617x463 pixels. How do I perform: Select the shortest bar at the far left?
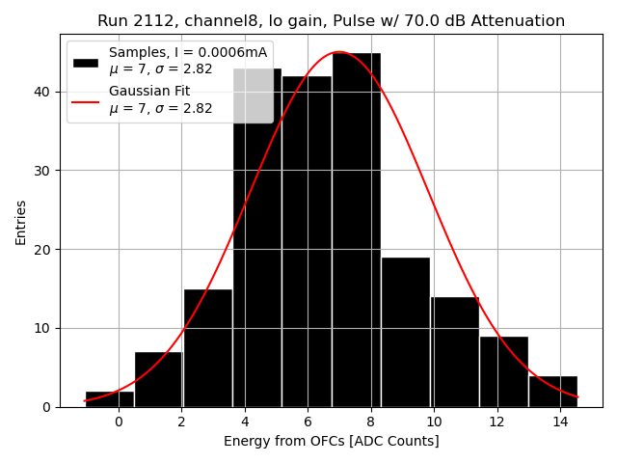pos(109,398)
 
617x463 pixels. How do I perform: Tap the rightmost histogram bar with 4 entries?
pos(552,391)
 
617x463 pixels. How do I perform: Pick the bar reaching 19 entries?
pos(405,332)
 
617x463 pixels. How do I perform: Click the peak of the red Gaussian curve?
pos(339,52)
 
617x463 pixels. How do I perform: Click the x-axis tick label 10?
pos(434,422)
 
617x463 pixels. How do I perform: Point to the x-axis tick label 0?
pos(119,422)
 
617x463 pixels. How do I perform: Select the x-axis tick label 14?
pos(560,422)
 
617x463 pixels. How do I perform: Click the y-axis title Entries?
pos(21,222)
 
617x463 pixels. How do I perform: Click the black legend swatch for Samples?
pos(86,62)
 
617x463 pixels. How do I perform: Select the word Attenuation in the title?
pos(518,21)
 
